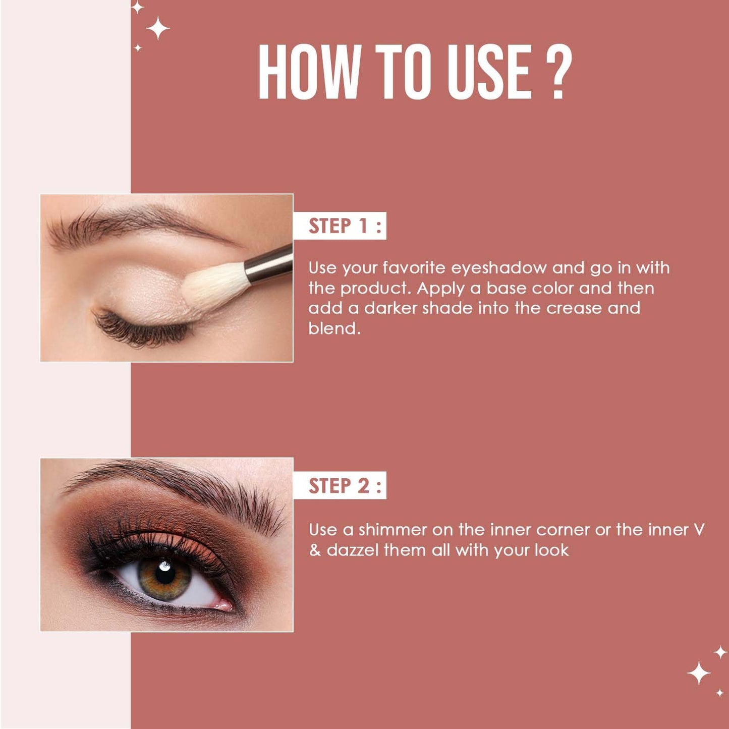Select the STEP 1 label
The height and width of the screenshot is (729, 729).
click(340, 226)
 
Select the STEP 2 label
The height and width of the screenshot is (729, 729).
click(340, 486)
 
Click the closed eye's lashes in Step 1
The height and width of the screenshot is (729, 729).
click(141, 330)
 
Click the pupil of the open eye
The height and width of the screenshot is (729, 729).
click(164, 575)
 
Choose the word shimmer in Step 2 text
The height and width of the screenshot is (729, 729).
click(392, 530)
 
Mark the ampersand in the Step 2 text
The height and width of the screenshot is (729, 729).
click(315, 550)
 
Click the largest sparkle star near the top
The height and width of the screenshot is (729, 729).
click(158, 28)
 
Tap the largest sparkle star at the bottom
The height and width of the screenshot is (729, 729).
click(699, 673)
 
